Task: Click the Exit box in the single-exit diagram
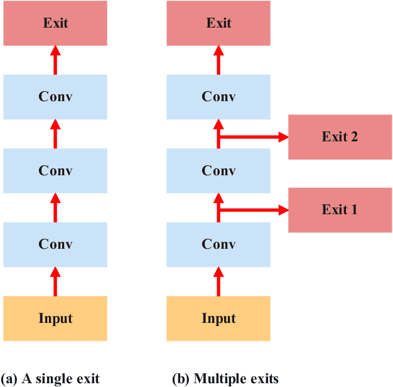click(x=55, y=23)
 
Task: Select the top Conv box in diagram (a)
click(x=55, y=97)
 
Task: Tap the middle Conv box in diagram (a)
click(x=55, y=171)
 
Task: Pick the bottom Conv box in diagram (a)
click(x=55, y=244)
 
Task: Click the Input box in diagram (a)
click(x=55, y=318)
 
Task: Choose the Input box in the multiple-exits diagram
click(x=218, y=318)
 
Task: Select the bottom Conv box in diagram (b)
click(x=218, y=244)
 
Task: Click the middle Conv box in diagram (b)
click(x=218, y=171)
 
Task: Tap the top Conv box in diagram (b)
click(x=218, y=97)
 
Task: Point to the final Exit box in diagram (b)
click(x=218, y=23)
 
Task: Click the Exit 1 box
click(x=340, y=210)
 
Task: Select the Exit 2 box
click(x=340, y=137)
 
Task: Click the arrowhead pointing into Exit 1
click(x=282, y=210)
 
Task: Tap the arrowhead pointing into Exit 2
click(x=282, y=137)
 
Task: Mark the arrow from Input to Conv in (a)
click(x=55, y=281)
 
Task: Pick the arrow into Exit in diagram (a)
click(x=55, y=60)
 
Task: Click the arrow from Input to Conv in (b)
click(x=218, y=281)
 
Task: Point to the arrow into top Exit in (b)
click(x=218, y=60)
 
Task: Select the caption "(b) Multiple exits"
click(x=225, y=378)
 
